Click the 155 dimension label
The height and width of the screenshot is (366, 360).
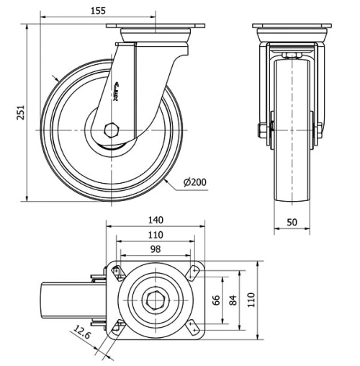click(x=99, y=10)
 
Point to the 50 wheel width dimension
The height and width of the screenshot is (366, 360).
click(x=292, y=223)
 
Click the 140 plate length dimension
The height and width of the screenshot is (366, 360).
click(x=156, y=220)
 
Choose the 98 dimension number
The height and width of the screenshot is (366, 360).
click(x=156, y=249)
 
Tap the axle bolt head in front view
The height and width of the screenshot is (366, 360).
click(x=259, y=130)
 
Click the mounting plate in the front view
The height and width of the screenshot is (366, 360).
click(x=292, y=27)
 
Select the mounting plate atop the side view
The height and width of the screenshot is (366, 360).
click(x=156, y=27)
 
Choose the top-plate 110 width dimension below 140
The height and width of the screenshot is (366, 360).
click(x=156, y=234)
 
